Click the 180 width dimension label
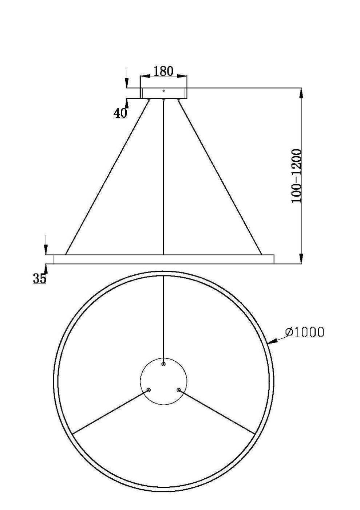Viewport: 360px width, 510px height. coord(163,71)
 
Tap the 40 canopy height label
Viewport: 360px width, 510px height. coord(120,113)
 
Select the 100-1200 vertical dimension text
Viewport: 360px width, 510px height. coord(297,176)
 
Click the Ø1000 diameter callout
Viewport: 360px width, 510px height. coord(305,332)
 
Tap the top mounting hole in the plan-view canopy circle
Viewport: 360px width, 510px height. coord(163,364)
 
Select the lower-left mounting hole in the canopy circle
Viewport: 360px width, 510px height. coord(149,390)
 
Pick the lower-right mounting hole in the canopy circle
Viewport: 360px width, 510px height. coord(178,390)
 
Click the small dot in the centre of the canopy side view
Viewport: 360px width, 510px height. coord(163,90)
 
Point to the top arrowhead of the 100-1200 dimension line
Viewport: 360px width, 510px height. coord(301,93)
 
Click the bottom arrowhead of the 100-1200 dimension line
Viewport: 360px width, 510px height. coord(301,259)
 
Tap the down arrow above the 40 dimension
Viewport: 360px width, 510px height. coord(126,83)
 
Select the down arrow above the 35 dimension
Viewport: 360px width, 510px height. coord(46,250)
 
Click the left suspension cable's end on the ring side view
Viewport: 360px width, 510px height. coord(66,254)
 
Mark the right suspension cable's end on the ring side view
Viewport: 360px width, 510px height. coord(261,254)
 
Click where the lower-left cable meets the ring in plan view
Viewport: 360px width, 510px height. coord(73,433)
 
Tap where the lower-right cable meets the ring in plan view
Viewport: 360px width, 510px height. coord(254,433)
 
